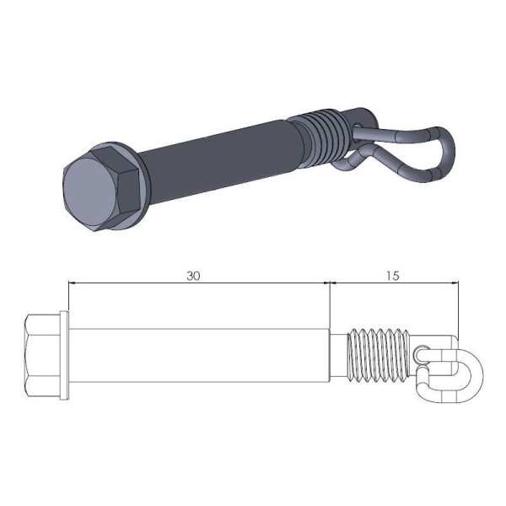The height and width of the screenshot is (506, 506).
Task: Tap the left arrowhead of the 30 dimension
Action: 73,284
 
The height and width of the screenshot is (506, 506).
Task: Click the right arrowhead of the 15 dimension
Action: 455,284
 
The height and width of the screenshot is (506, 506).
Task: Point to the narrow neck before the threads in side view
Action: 338,354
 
